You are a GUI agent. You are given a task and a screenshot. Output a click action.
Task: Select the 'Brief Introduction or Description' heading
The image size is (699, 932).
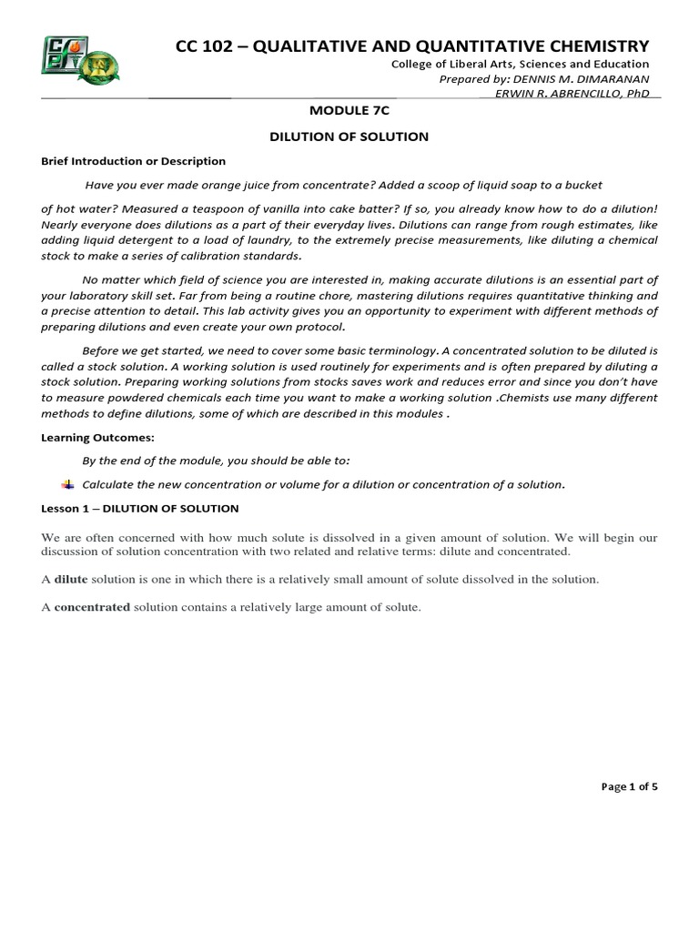click(x=133, y=161)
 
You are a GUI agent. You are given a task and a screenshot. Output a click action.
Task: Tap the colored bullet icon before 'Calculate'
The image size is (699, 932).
click(x=66, y=484)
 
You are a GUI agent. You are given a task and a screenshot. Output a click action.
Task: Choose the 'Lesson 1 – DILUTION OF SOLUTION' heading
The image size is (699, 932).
click(x=139, y=508)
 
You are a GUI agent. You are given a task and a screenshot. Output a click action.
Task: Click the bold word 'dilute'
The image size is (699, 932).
click(x=71, y=579)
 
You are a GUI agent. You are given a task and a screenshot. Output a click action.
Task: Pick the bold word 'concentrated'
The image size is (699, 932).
click(x=92, y=607)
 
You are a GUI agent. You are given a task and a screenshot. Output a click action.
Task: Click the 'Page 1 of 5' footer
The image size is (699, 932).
click(x=630, y=786)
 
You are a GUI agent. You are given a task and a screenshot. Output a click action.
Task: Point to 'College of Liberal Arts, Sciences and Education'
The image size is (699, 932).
click(x=520, y=64)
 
